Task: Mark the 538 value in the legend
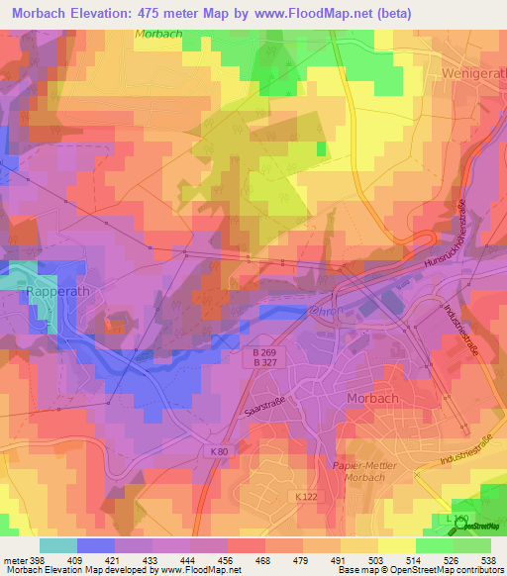tap(488, 561)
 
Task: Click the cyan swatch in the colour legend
tap(57, 545)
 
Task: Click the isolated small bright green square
tap(321, 149)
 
